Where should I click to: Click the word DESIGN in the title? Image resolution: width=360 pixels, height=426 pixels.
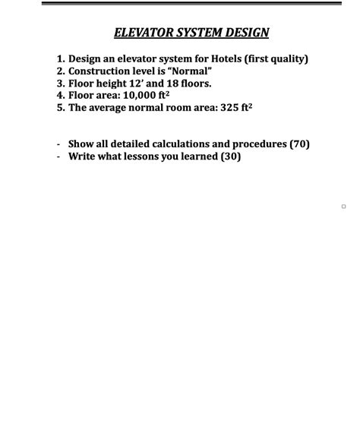click(245, 33)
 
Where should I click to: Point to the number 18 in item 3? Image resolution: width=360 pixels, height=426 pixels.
click(166, 84)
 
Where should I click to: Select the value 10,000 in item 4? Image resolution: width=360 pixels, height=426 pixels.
click(138, 96)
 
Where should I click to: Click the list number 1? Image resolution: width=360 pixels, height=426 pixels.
click(60, 58)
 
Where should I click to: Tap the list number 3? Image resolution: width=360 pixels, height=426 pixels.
click(60, 84)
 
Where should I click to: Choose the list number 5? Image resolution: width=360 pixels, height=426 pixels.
click(60, 108)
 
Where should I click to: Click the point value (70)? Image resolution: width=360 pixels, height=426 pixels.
click(299, 144)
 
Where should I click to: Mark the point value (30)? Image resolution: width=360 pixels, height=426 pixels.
click(231, 156)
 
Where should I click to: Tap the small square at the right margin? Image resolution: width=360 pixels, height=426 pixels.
click(343, 207)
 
